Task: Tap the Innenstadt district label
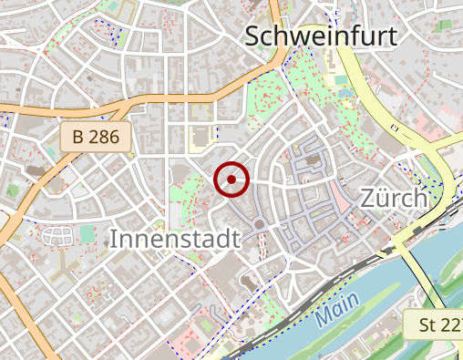point(174,239)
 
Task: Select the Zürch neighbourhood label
point(394,198)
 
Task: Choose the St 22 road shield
point(437,324)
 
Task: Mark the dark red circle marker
point(231,180)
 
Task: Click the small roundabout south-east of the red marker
point(259,224)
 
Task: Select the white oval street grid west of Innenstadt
point(57,236)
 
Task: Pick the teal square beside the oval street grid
point(87,234)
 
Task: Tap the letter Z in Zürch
point(369,198)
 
